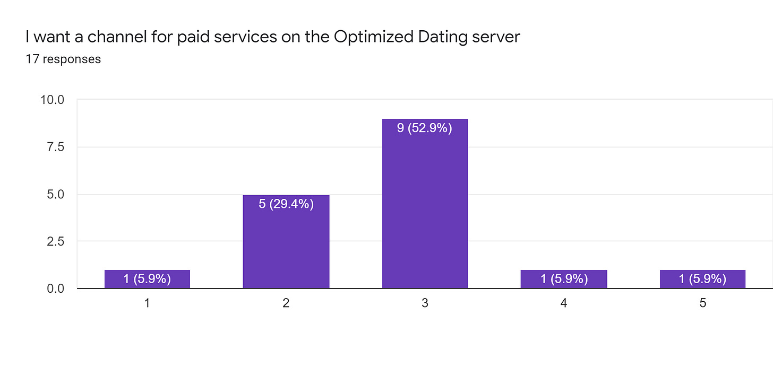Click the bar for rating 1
pyautogui.click(x=147, y=279)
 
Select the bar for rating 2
pyautogui.click(x=286, y=242)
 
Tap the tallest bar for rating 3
pyautogui.click(x=425, y=204)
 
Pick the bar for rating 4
pyautogui.click(x=564, y=279)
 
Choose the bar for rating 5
pyautogui.click(x=702, y=279)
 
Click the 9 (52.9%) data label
pyautogui.click(x=425, y=128)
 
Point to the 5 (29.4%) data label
pyautogui.click(x=286, y=204)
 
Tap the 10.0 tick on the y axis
pyautogui.click(x=52, y=100)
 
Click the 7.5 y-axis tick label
pyautogui.click(x=55, y=147)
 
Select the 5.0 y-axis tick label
pyautogui.click(x=55, y=194)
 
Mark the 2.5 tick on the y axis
pyautogui.click(x=55, y=241)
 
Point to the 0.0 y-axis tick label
pyautogui.click(x=55, y=289)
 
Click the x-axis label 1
pyautogui.click(x=147, y=304)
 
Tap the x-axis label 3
pyautogui.click(x=425, y=304)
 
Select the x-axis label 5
pyautogui.click(x=702, y=304)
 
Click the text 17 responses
pyautogui.click(x=63, y=59)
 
